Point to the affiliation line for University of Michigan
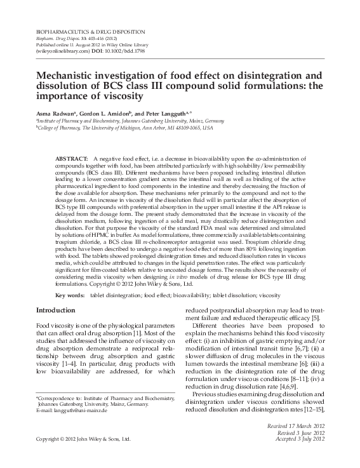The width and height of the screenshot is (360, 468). tap(124, 127)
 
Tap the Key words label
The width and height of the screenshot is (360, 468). tap(70, 295)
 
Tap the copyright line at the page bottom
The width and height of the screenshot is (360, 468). tap(83, 438)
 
